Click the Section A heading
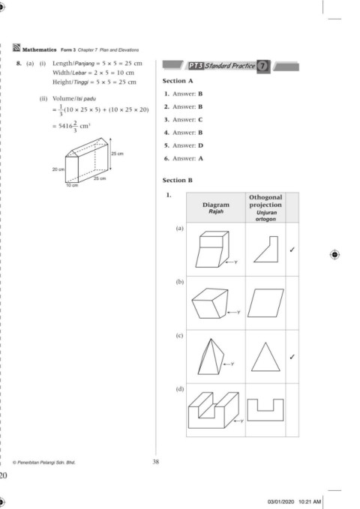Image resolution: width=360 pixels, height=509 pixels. (178, 81)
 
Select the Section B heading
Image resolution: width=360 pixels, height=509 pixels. (178, 180)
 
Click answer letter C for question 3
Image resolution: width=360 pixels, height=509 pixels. (200, 120)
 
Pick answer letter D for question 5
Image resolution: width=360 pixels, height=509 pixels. (200, 145)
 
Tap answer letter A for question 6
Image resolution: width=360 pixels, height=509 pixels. (200, 159)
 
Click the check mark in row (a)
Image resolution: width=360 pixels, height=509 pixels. (292, 250)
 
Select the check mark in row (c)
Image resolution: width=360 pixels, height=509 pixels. (292, 357)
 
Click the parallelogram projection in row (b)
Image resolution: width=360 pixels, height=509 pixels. (265, 303)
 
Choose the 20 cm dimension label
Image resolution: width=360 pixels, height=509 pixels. (58, 169)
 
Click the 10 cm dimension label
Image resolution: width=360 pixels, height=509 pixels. (72, 185)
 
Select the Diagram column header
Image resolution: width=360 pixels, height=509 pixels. (216, 208)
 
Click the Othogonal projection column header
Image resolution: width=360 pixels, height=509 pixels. (265, 208)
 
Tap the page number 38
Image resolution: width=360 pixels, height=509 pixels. (156, 462)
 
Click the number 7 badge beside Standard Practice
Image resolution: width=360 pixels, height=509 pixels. (262, 66)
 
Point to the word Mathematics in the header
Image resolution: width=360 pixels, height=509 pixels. (39, 50)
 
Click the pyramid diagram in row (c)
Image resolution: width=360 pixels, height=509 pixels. (211, 356)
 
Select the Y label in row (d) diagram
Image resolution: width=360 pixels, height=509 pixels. (241, 421)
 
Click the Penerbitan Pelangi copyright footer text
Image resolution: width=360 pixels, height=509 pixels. (43, 463)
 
